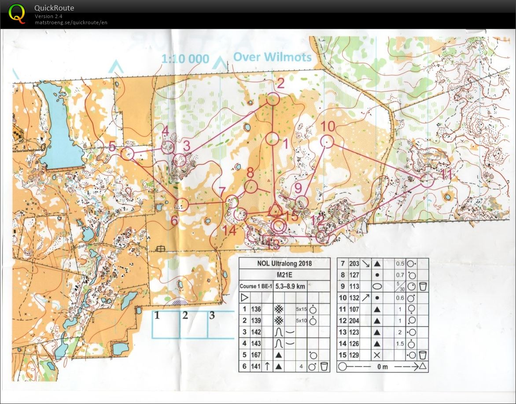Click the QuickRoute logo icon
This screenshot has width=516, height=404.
17,13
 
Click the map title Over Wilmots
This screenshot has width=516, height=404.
272,57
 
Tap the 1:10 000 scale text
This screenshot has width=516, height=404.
185,59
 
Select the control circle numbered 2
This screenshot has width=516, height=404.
273,99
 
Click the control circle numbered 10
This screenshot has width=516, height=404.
326,142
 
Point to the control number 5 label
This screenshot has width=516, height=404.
112,146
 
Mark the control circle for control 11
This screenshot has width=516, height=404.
426,181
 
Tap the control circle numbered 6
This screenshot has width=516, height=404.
182,204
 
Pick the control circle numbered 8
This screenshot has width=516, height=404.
251,187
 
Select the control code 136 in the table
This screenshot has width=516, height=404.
256,309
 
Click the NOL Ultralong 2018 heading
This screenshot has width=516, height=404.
284,263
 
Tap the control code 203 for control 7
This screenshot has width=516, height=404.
354,263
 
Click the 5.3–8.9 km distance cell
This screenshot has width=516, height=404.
290,286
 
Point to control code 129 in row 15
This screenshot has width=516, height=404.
354,355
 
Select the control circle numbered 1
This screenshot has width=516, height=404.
273,139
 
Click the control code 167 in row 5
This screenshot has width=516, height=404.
256,355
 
